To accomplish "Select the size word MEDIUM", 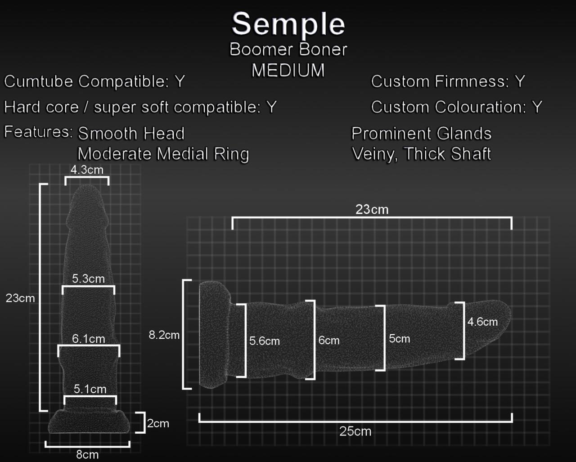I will (x=288, y=70).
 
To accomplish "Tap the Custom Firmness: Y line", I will (x=448, y=81).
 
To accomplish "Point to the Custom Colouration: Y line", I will (x=456, y=107).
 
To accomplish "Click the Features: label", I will (x=38, y=132).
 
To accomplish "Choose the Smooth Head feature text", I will (x=131, y=134).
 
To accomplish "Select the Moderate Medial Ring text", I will (x=163, y=154).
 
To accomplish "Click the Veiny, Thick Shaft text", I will (x=421, y=154).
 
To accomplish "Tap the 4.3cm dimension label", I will (x=87, y=170).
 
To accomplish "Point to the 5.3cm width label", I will (x=88, y=278).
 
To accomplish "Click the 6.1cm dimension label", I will (x=88, y=338).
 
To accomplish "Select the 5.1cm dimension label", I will (x=90, y=389).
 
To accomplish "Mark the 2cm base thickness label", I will (x=158, y=423).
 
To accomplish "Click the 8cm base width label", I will (x=87, y=454).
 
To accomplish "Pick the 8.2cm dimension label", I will (x=164, y=335).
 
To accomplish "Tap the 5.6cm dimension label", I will (x=265, y=341).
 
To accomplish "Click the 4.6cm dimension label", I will (x=482, y=322).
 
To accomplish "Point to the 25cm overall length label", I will (x=355, y=431).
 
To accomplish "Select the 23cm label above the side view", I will (x=372, y=209).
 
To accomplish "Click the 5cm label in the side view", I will (x=399, y=338).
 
